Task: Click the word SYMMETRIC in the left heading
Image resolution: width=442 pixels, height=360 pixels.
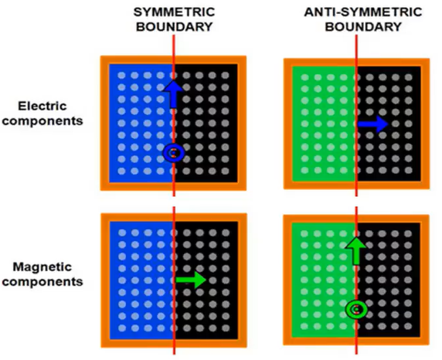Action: (174, 12)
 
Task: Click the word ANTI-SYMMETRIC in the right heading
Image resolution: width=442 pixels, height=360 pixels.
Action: (363, 12)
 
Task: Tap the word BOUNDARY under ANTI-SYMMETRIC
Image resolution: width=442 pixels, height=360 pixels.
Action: (363, 27)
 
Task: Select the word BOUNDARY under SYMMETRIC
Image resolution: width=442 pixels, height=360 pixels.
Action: (174, 27)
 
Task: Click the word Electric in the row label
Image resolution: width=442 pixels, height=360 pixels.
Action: (42, 107)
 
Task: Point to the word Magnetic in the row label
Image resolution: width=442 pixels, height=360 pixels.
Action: (42, 267)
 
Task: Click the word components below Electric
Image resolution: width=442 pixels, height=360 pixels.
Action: (42, 121)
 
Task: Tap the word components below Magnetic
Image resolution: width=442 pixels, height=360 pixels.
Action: (42, 282)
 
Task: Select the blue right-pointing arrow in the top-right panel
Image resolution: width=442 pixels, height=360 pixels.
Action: (373, 124)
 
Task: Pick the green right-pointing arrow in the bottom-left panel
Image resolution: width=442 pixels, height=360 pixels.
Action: (191, 280)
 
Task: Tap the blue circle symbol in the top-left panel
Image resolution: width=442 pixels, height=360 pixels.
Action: (174, 153)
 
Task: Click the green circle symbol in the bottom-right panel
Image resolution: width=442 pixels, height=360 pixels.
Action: (356, 310)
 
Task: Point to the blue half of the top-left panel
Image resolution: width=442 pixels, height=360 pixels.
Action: (141, 124)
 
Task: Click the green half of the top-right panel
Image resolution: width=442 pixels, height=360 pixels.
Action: (325, 124)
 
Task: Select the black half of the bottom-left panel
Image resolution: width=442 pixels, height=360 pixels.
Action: (206, 280)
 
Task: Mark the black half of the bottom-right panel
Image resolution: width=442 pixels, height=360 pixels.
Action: (389, 280)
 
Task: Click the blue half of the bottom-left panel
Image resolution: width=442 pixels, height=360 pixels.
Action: (141, 280)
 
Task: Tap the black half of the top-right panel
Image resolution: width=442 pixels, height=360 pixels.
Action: (389, 124)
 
